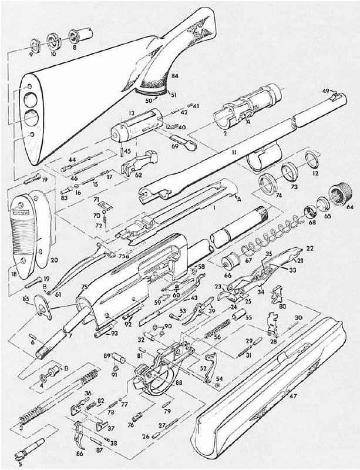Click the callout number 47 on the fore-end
292,397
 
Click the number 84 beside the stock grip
174,76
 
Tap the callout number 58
201,267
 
